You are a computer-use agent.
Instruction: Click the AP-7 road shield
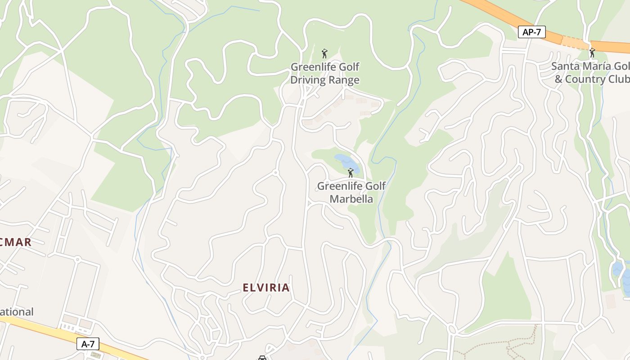coord(531,32)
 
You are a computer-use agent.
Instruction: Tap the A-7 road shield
coord(88,344)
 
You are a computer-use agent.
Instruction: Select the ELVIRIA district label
coord(266,288)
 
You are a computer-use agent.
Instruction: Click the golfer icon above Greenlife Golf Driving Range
coord(324,54)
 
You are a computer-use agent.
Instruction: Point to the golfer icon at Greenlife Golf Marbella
coord(351,172)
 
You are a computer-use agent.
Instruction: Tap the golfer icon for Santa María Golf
coord(592,53)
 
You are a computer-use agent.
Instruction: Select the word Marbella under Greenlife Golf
coord(351,199)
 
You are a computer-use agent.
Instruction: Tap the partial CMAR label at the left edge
coord(16,243)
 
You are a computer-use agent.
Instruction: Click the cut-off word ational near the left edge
coord(17,312)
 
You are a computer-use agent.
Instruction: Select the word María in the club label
coord(597,66)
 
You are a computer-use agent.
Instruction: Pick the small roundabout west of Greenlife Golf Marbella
coord(276,172)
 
